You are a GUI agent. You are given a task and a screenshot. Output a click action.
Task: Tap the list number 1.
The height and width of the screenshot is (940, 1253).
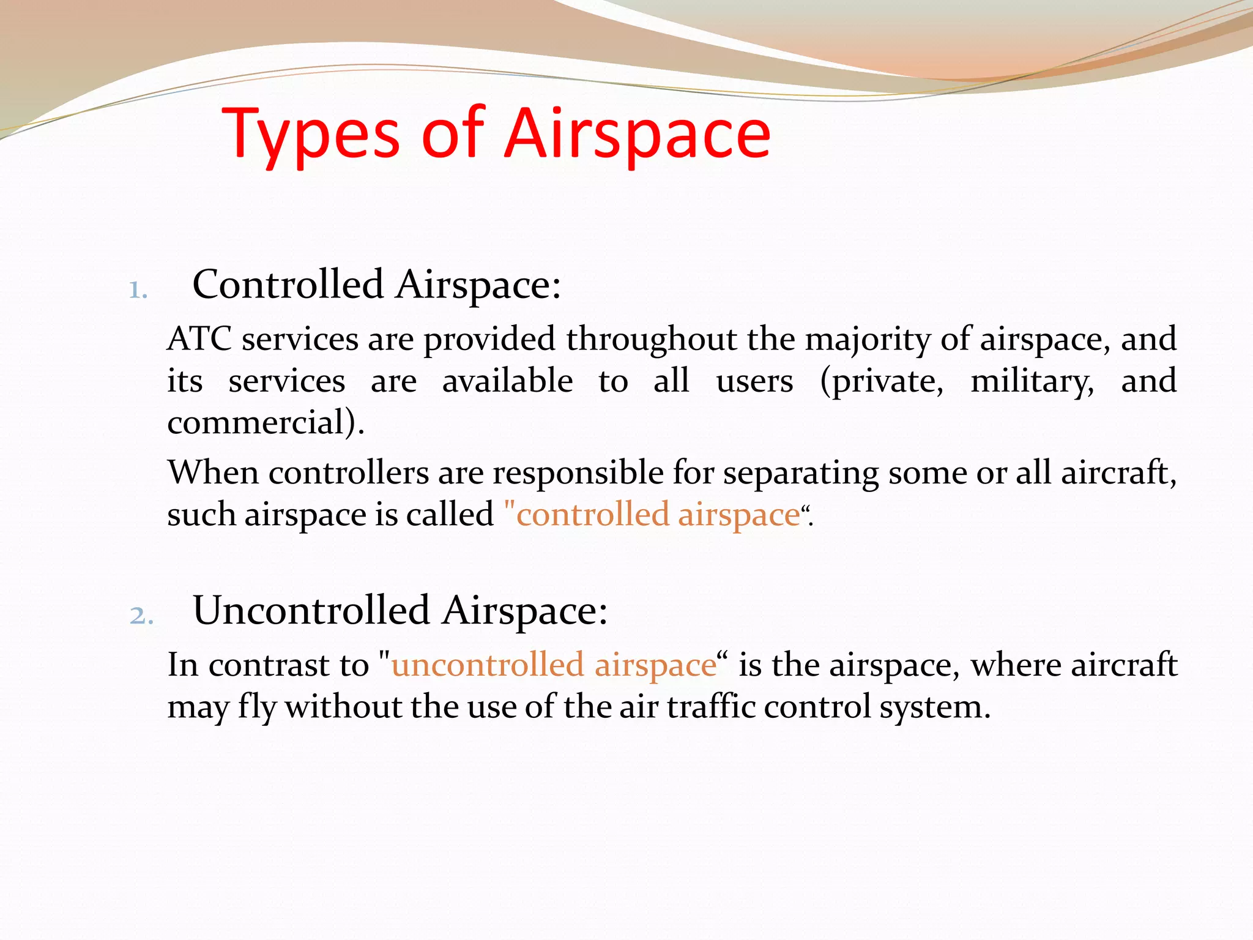(x=138, y=290)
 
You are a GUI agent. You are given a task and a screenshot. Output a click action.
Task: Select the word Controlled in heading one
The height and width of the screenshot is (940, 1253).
(x=288, y=285)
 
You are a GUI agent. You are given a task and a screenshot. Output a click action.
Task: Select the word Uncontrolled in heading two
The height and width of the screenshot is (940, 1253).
(x=311, y=611)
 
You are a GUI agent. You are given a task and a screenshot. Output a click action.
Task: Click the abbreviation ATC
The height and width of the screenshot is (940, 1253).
(x=199, y=339)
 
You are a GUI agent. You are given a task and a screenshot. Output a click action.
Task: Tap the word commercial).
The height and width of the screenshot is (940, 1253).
(x=266, y=423)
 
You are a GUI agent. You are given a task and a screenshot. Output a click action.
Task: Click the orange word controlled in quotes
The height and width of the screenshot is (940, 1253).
(x=592, y=515)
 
